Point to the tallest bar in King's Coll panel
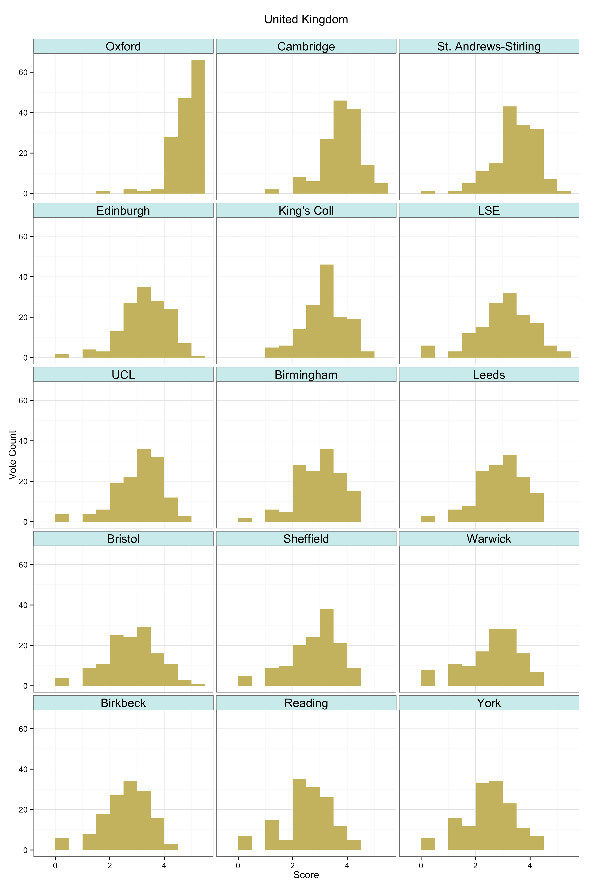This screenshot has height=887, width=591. tap(326, 311)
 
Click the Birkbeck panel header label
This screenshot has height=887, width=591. tap(123, 703)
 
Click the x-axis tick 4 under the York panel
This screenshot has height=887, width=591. tap(530, 866)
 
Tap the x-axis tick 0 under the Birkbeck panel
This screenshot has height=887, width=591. tap(55, 866)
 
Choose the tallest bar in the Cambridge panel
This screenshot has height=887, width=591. tap(340, 147)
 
